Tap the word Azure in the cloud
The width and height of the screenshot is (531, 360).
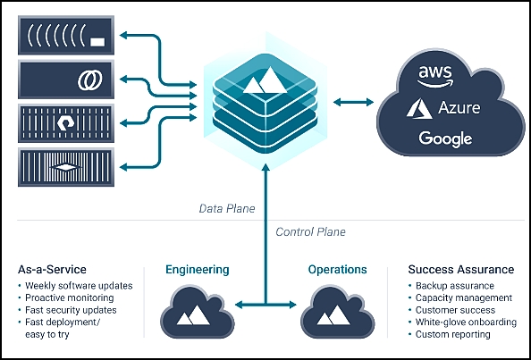pyautogui.click(x=459, y=108)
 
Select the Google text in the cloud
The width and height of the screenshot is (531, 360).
pyautogui.click(x=445, y=138)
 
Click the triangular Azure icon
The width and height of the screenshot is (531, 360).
pyautogui.click(x=419, y=109)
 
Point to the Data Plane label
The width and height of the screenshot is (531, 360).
pyautogui.click(x=227, y=208)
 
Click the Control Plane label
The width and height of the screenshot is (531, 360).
pyautogui.click(x=310, y=232)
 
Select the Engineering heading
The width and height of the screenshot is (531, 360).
pyautogui.click(x=198, y=270)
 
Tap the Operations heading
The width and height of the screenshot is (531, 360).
pyautogui.click(x=337, y=270)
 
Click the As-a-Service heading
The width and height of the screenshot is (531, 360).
pyautogui.click(x=52, y=270)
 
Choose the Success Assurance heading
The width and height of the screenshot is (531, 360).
pyautogui.click(x=461, y=270)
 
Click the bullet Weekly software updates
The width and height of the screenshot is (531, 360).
pyautogui.click(x=75, y=286)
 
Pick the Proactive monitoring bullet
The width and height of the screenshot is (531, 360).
pyautogui.click(x=66, y=298)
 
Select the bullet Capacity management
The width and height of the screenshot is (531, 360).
pyautogui.click(x=460, y=298)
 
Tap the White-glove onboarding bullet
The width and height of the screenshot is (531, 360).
pyautogui.click(x=462, y=322)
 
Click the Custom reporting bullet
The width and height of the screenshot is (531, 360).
pyautogui.click(x=450, y=335)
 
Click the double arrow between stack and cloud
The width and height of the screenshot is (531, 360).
pyautogui.click(x=353, y=102)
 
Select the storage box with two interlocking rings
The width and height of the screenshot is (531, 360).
pyautogui.click(x=66, y=80)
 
